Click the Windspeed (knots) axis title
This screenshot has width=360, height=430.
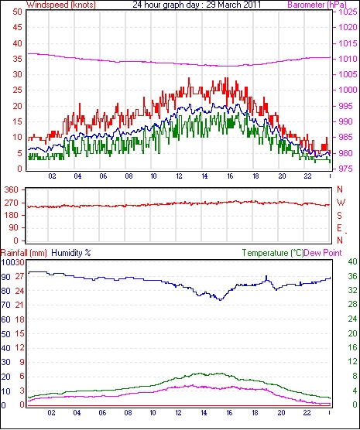click(61, 5)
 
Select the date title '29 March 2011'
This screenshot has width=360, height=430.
click(233, 5)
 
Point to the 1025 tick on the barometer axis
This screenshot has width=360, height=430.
click(348, 12)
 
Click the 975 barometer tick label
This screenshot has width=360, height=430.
click(346, 169)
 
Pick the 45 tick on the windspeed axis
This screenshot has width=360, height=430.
click(17, 27)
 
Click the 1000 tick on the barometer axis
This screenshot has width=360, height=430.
click(348, 90)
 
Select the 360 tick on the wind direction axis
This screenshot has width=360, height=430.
click(12, 189)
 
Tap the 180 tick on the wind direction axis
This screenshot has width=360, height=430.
click(12, 215)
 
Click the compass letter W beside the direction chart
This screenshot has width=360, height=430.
click(341, 203)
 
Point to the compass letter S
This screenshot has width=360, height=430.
click(340, 216)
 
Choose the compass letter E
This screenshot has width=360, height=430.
click(340, 228)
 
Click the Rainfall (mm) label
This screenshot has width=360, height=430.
click(24, 253)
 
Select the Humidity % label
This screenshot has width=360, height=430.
click(71, 253)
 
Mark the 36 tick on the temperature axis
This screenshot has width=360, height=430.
click(352, 276)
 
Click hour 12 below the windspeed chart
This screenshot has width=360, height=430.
click(179, 176)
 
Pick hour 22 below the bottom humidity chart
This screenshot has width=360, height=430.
click(307, 413)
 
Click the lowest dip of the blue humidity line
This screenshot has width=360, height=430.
click(220, 300)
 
